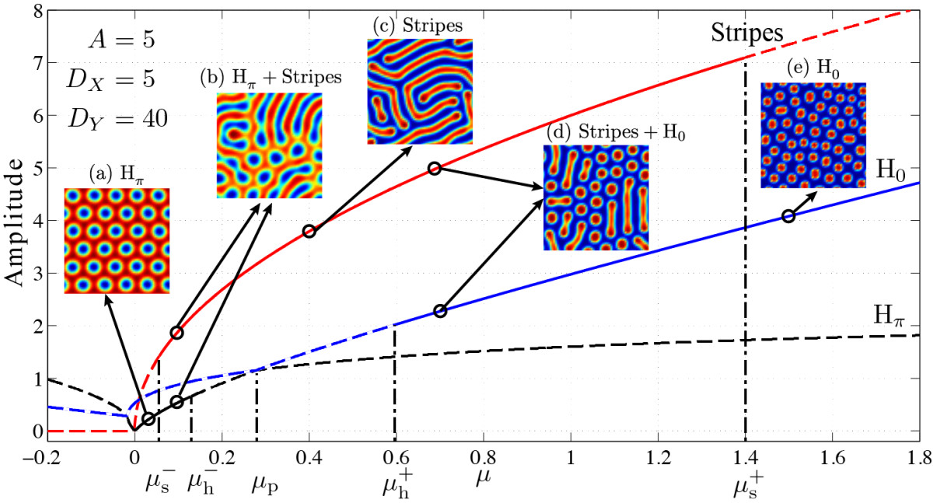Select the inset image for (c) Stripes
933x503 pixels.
click(x=420, y=91)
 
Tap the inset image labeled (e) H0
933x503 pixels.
click(x=812, y=134)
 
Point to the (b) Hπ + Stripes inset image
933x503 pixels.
click(x=269, y=145)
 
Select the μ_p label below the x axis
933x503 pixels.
click(x=265, y=485)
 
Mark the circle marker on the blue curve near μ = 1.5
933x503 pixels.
click(x=788, y=216)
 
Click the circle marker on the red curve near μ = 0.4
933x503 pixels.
click(x=309, y=232)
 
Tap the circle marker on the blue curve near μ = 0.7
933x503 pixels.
click(x=440, y=311)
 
